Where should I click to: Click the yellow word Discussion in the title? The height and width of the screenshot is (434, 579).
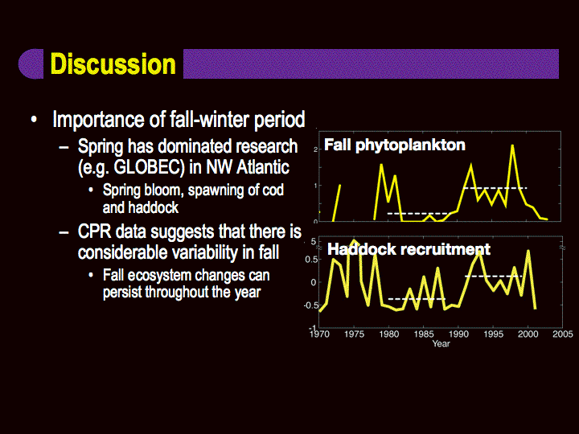click(113, 64)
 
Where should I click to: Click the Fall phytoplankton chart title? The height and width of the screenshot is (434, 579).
click(394, 145)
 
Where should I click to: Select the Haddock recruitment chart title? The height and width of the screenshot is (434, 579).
click(409, 249)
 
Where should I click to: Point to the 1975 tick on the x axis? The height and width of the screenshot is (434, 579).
click(354, 334)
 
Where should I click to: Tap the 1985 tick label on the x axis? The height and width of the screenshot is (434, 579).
click(424, 334)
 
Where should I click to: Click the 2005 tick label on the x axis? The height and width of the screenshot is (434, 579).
click(563, 334)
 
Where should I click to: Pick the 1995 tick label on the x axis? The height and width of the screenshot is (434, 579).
click(493, 334)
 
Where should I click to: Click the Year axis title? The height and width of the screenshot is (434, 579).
click(441, 344)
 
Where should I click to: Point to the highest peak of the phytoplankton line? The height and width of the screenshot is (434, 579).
click(512, 145)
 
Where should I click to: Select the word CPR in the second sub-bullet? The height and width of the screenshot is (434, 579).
click(95, 231)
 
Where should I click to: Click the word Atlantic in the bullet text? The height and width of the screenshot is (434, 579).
click(262, 167)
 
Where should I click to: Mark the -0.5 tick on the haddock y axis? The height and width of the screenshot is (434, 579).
click(310, 305)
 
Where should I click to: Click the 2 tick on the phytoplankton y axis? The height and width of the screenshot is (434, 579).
click(316, 149)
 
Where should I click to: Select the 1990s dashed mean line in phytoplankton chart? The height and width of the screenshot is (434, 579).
click(495, 188)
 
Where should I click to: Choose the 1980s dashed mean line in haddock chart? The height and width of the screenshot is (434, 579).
click(417, 298)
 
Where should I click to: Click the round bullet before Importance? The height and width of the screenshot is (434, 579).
click(34, 120)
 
